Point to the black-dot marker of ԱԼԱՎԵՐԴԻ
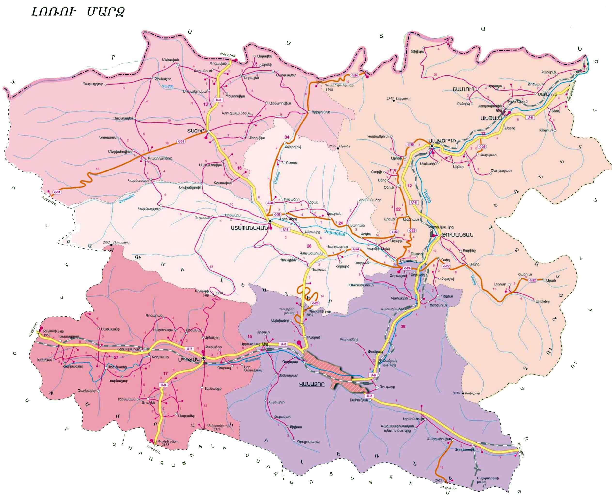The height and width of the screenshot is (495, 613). pyautogui.click(x=432, y=146)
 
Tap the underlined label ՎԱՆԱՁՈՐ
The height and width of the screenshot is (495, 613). pyautogui.click(x=312, y=384)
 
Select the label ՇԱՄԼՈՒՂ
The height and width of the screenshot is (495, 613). pyautogui.click(x=463, y=89)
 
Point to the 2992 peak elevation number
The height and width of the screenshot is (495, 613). pyautogui.click(x=106, y=242)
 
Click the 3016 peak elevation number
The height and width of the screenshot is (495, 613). pyautogui.click(x=456, y=393)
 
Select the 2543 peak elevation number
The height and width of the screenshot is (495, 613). pyautogui.click(x=390, y=98)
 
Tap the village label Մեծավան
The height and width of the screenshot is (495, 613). pyautogui.click(x=170, y=60)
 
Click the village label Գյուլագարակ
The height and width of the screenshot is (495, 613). pyautogui.click(x=311, y=253)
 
